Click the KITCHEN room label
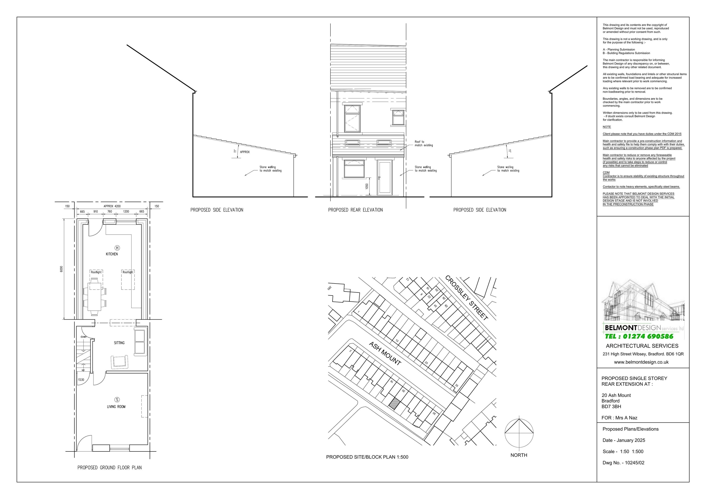pos(112,254)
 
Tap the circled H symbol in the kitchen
pos(117,248)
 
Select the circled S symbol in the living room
pos(117,400)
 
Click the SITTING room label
pos(119,343)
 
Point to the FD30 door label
pos(81,380)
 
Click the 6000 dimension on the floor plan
pos(61,269)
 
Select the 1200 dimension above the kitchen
pos(126,212)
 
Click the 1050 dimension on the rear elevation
pos(367,187)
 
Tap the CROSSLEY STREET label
pos(466,297)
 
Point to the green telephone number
pos(639,337)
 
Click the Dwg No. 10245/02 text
pos(623,463)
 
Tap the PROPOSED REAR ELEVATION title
pos(355,210)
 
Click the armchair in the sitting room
pos(120,361)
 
